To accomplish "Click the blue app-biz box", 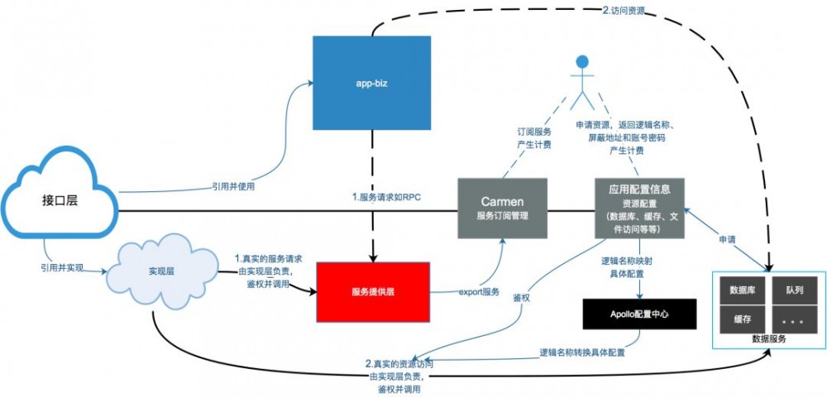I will point(371,84).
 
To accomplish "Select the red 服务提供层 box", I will point(373,292).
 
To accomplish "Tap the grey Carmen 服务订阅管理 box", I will point(502,209).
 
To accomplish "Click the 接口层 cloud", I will point(60,204).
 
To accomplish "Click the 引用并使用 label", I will point(234,186).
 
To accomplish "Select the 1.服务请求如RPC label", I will point(386,198).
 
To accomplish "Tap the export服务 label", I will point(479,291).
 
